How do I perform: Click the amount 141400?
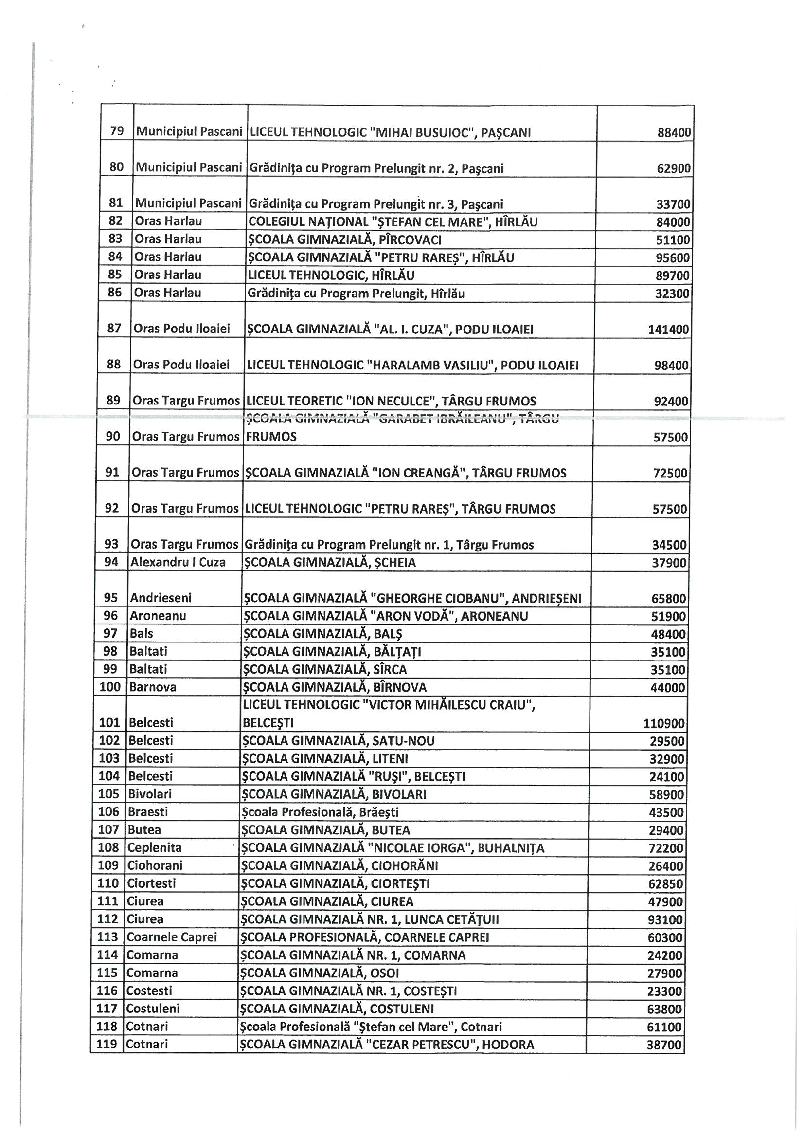[668, 330]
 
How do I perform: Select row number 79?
[117, 132]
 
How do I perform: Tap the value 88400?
[674, 133]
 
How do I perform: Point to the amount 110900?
[664, 723]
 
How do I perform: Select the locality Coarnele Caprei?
[171, 937]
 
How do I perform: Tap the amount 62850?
[666, 884]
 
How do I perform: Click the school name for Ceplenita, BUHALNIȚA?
[392, 848]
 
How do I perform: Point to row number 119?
[107, 1045]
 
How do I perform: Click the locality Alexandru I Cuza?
[178, 562]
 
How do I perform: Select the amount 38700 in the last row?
[664, 1045]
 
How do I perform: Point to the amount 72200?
[666, 848]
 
